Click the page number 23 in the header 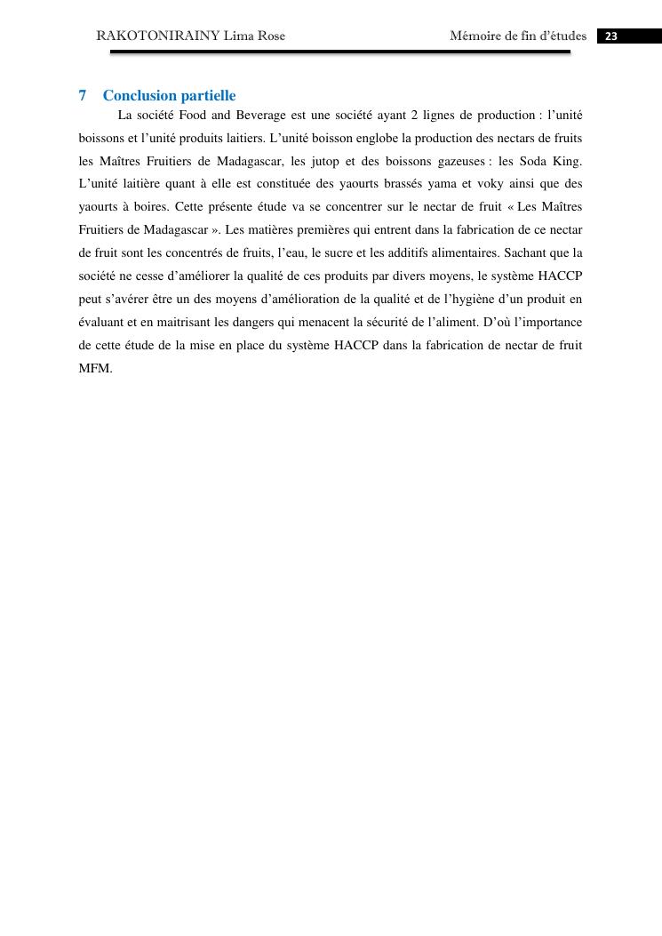tap(611, 36)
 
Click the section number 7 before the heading tap(83, 96)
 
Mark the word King tap(568, 162)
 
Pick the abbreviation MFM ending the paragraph tap(95, 369)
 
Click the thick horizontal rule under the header tap(339, 52)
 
